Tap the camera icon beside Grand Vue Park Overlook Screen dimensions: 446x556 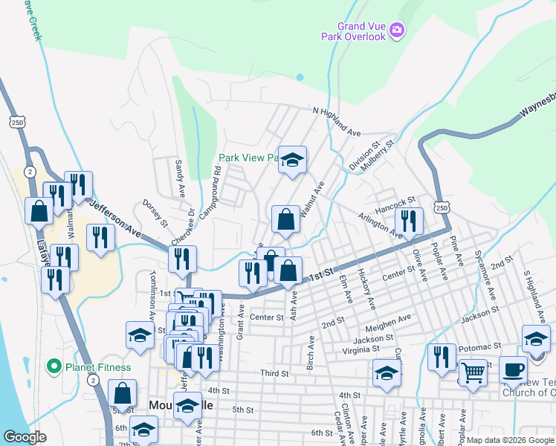pyautogui.click(x=397, y=30)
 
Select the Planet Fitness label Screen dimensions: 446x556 pyautogui.click(x=97, y=366)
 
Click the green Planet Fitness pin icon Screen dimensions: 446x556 pyautogui.click(x=53, y=366)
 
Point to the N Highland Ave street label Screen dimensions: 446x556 pyautogui.click(x=336, y=122)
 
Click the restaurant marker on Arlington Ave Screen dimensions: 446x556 pyautogui.click(x=409, y=220)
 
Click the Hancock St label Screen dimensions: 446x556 pyautogui.click(x=393, y=202)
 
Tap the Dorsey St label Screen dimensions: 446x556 pyautogui.click(x=155, y=213)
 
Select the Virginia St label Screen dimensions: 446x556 pyautogui.click(x=361, y=349)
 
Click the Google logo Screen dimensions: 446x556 pyautogui.click(x=25, y=437)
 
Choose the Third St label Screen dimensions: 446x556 pyautogui.click(x=274, y=372)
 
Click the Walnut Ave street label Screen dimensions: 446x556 pyautogui.click(x=311, y=198)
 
